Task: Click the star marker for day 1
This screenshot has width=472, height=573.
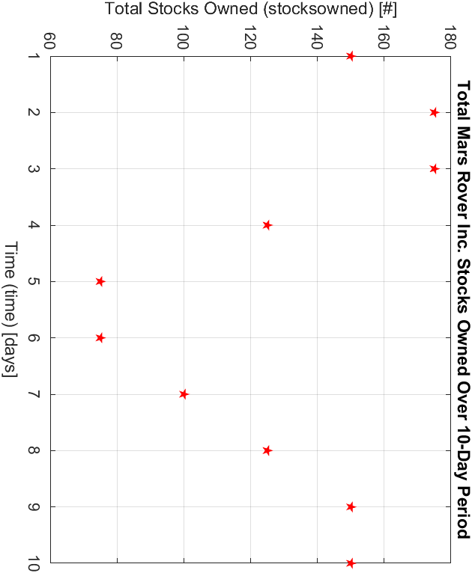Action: [x=351, y=56]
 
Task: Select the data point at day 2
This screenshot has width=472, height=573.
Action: [x=434, y=112]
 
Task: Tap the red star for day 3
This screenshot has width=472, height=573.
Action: [x=434, y=168]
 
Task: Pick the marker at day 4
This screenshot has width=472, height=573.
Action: [x=267, y=225]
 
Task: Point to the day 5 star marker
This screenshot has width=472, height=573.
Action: [x=100, y=281]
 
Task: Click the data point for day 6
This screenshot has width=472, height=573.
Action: [x=100, y=337]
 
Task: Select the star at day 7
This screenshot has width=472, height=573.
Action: [x=184, y=394]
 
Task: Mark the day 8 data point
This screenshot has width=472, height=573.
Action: [x=267, y=450]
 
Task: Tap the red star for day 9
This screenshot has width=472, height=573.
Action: [x=351, y=506]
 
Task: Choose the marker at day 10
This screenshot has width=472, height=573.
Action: [x=351, y=563]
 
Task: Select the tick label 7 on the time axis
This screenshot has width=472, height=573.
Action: [x=34, y=394]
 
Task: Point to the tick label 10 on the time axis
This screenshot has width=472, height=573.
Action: [x=34, y=563]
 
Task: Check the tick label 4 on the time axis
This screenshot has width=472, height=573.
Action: [x=34, y=225]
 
